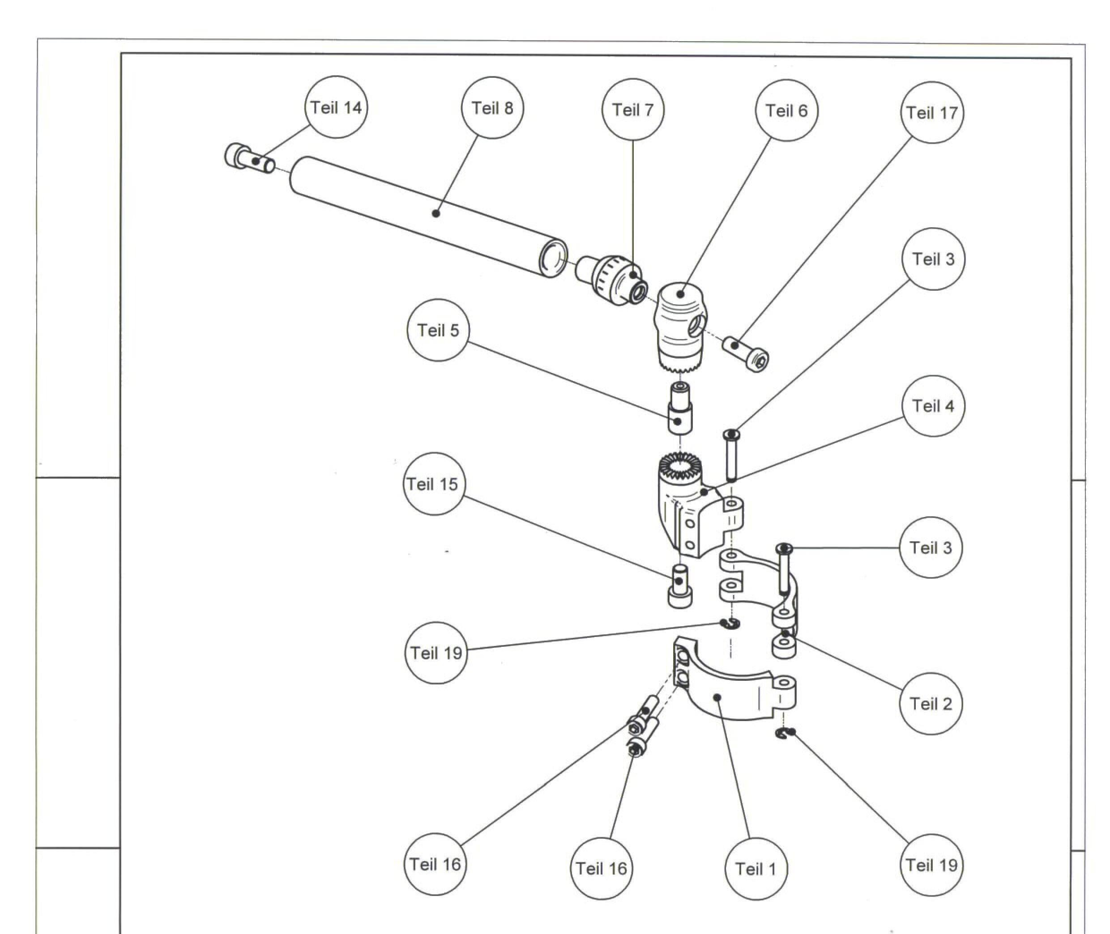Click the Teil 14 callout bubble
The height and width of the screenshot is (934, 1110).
(336, 107)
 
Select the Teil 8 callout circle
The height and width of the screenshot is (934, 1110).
(492, 107)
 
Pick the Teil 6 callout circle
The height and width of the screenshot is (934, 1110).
(786, 110)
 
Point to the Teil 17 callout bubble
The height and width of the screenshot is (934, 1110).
(932, 112)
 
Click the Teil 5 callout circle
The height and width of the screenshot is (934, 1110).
(438, 331)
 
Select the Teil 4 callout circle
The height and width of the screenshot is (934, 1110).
(933, 406)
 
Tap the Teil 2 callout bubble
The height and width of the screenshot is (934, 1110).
(931, 704)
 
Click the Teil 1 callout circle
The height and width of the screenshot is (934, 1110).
(756, 869)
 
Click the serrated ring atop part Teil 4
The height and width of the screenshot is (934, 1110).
(680, 466)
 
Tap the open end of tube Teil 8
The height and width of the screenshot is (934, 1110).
(553, 259)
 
